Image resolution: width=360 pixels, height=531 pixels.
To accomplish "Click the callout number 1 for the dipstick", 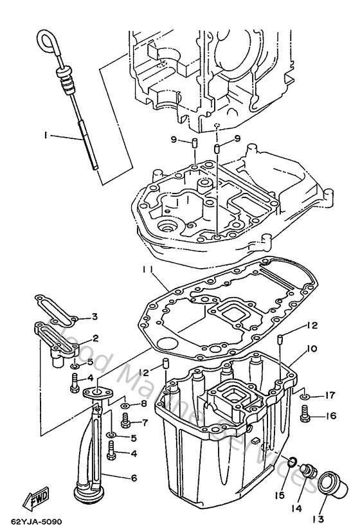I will [46, 136].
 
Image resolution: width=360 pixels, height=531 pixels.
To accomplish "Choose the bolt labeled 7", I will [125, 422].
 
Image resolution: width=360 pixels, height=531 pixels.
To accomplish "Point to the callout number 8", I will [144, 403].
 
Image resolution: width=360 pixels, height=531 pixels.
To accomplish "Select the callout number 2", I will [94, 337].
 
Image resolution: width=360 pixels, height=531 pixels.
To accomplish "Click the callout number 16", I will [330, 416].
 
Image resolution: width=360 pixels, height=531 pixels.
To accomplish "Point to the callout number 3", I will [94, 316].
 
